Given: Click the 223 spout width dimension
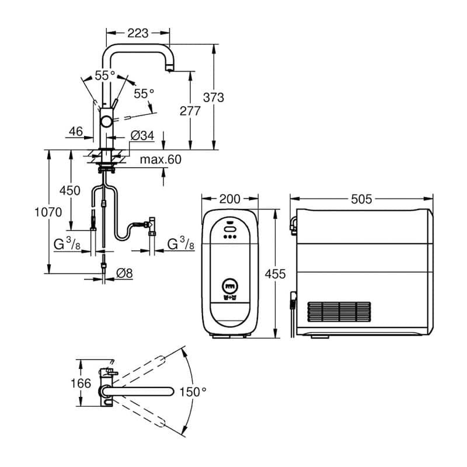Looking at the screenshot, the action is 138,33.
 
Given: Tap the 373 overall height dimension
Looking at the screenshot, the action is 213,97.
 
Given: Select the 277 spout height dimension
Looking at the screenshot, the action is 190,111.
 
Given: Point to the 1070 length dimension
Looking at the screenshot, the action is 48,212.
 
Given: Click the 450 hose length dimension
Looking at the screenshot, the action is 69,191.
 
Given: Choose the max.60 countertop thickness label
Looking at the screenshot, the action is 161,159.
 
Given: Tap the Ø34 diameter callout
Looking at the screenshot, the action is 142,135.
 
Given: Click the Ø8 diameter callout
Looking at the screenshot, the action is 124,273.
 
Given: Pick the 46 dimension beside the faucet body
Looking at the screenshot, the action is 76,131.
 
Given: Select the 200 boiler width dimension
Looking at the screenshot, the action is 229,199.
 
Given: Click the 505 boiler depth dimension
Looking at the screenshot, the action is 361,199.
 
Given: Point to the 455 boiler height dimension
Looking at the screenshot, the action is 275,274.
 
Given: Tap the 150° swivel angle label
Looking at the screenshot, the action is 193,392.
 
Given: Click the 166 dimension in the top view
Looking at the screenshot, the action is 81,383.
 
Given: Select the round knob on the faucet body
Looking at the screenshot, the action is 106,121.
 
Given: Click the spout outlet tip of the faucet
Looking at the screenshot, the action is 169,70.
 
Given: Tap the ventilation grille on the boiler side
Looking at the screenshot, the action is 339,312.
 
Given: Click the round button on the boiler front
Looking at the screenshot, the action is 229,286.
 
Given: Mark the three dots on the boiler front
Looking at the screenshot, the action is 229,237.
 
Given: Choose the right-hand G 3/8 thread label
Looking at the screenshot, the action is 180,244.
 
